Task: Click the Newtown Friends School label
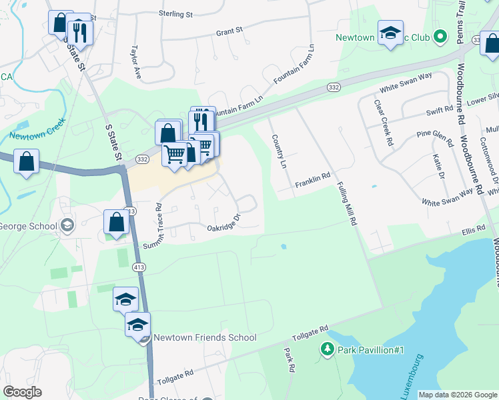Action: click(x=205, y=337)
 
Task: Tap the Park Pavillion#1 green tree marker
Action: click(x=327, y=349)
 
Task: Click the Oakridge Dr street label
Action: click(x=223, y=223)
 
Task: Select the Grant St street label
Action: click(x=229, y=31)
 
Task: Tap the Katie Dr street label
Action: click(x=438, y=167)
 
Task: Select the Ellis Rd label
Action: click(x=472, y=231)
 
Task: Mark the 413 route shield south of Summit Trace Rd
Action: click(x=139, y=267)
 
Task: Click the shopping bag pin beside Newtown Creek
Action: click(x=26, y=161)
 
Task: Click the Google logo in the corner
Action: click(x=22, y=392)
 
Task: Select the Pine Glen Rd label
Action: click(x=434, y=138)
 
